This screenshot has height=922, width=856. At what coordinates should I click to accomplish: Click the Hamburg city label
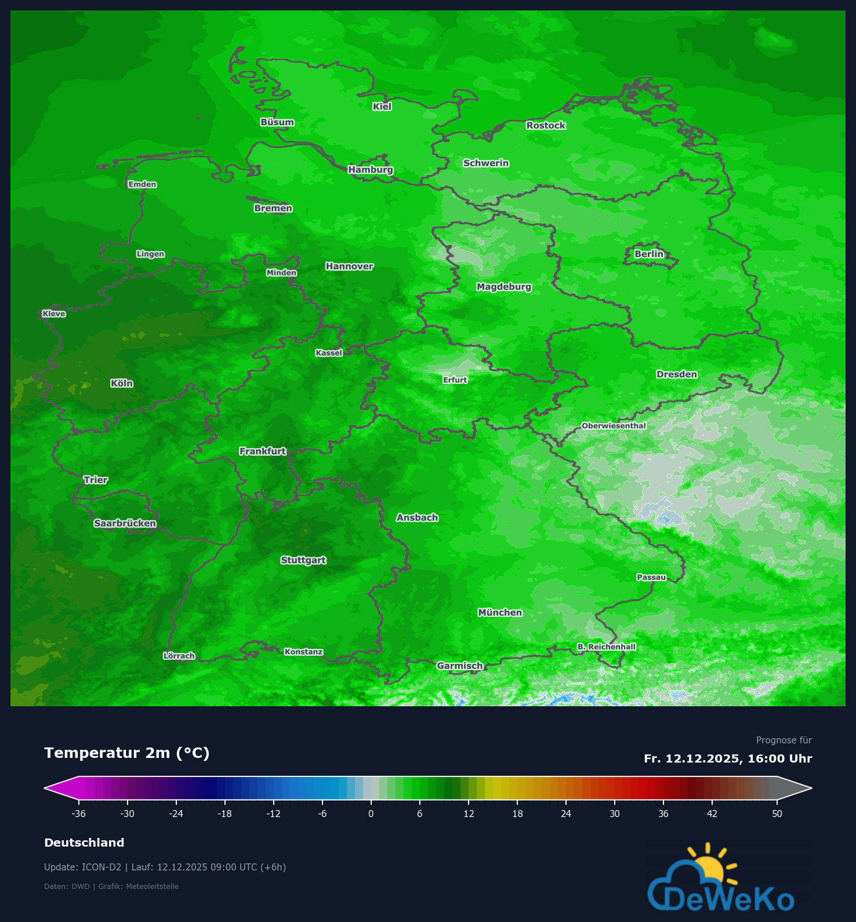(x=371, y=170)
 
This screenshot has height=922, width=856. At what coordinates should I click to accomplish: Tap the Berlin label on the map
(x=648, y=254)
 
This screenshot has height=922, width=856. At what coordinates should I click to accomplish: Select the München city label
(x=500, y=612)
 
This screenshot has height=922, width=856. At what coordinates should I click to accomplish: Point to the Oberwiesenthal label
(x=614, y=426)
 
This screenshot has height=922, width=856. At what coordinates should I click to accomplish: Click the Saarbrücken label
(x=125, y=523)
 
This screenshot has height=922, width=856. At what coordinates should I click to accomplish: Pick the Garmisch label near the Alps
(x=459, y=666)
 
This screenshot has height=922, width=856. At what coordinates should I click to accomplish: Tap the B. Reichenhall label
(x=606, y=647)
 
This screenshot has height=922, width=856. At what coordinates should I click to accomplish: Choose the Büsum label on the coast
(x=277, y=122)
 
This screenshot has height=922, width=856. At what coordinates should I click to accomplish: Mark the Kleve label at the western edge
(x=54, y=314)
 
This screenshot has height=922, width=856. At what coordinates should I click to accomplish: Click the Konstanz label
(x=303, y=652)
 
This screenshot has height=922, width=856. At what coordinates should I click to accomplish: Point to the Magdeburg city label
(x=503, y=286)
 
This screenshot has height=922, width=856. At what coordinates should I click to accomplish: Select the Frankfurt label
(x=263, y=451)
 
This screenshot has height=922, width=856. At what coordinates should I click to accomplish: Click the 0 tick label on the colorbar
(x=371, y=814)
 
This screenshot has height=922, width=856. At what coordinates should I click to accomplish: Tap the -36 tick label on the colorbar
(x=78, y=814)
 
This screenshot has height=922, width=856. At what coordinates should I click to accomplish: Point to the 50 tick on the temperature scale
(x=777, y=814)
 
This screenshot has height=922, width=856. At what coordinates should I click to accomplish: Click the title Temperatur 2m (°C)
(x=126, y=753)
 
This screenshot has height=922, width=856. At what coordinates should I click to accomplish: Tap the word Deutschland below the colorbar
(x=84, y=843)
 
